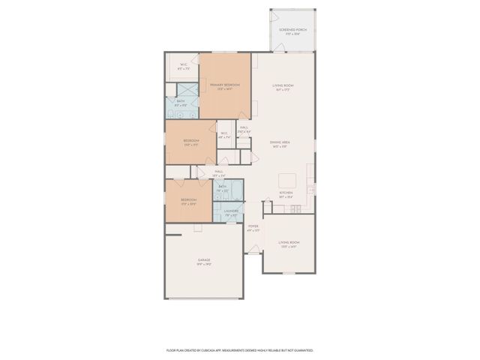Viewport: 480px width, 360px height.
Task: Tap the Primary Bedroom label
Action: pos(225,86)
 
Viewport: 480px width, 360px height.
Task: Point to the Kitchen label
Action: pos(286,195)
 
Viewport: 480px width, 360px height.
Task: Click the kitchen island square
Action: pos(288,181)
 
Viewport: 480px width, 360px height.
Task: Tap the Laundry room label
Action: pos(231,212)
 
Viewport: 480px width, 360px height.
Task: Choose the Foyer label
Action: pos(253,227)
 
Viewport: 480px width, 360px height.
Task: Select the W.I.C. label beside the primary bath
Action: pos(183,66)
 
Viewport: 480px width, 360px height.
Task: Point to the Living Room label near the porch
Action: pos(283,87)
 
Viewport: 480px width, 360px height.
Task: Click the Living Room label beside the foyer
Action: pos(289,244)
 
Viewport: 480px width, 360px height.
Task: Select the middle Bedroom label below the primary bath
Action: pos(191,142)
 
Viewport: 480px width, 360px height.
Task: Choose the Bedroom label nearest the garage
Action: pos(188,201)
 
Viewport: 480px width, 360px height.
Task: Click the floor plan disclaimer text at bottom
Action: pos(239,349)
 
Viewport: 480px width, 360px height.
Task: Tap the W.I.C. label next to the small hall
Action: pos(224,136)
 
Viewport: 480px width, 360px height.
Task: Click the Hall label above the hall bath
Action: pos(219,173)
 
